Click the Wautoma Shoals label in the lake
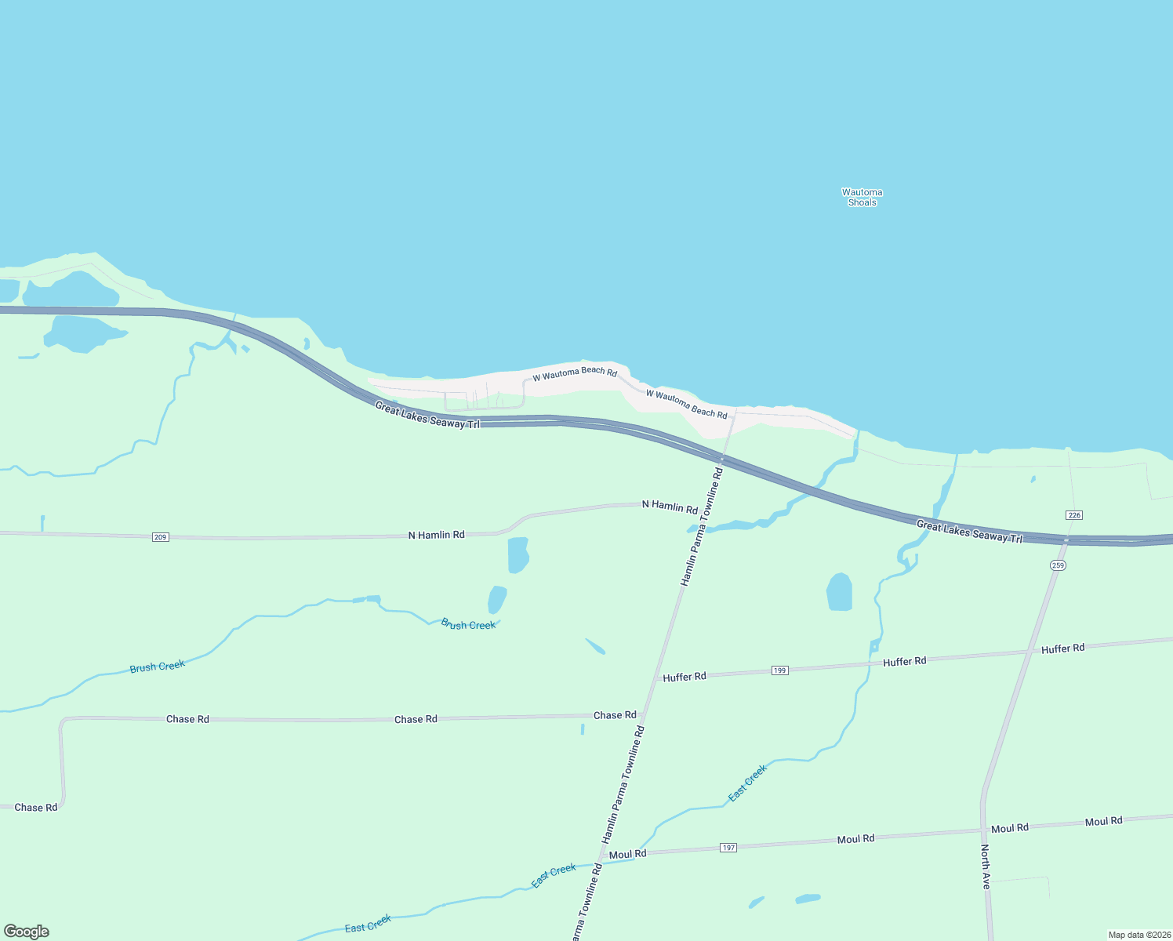pyautogui.click(x=862, y=197)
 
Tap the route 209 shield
pyautogui.click(x=161, y=537)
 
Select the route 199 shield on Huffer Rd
pyautogui.click(x=779, y=670)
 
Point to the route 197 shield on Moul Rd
pyautogui.click(x=729, y=848)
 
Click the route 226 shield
pyautogui.click(x=1074, y=515)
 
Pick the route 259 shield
pyautogui.click(x=1059, y=565)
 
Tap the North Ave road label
pyautogui.click(x=986, y=867)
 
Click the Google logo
pyautogui.click(x=27, y=932)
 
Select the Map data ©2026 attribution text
pyautogui.click(x=1138, y=935)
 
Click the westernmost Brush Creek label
pyautogui.click(x=158, y=667)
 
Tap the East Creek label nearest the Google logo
pyautogui.click(x=368, y=924)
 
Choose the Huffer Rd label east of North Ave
pyautogui.click(x=1062, y=649)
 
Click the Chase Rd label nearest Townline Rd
pyautogui.click(x=615, y=715)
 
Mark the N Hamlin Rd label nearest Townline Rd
pyautogui.click(x=670, y=507)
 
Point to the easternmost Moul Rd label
pyautogui.click(x=1103, y=821)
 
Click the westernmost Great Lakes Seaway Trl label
pyautogui.click(x=427, y=415)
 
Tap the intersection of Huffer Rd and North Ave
pyautogui.click(x=1030, y=652)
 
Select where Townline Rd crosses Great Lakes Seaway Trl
pyautogui.click(x=722, y=459)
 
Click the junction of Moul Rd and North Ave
pyautogui.click(x=982, y=830)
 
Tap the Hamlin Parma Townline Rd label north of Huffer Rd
pyautogui.click(x=701, y=527)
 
